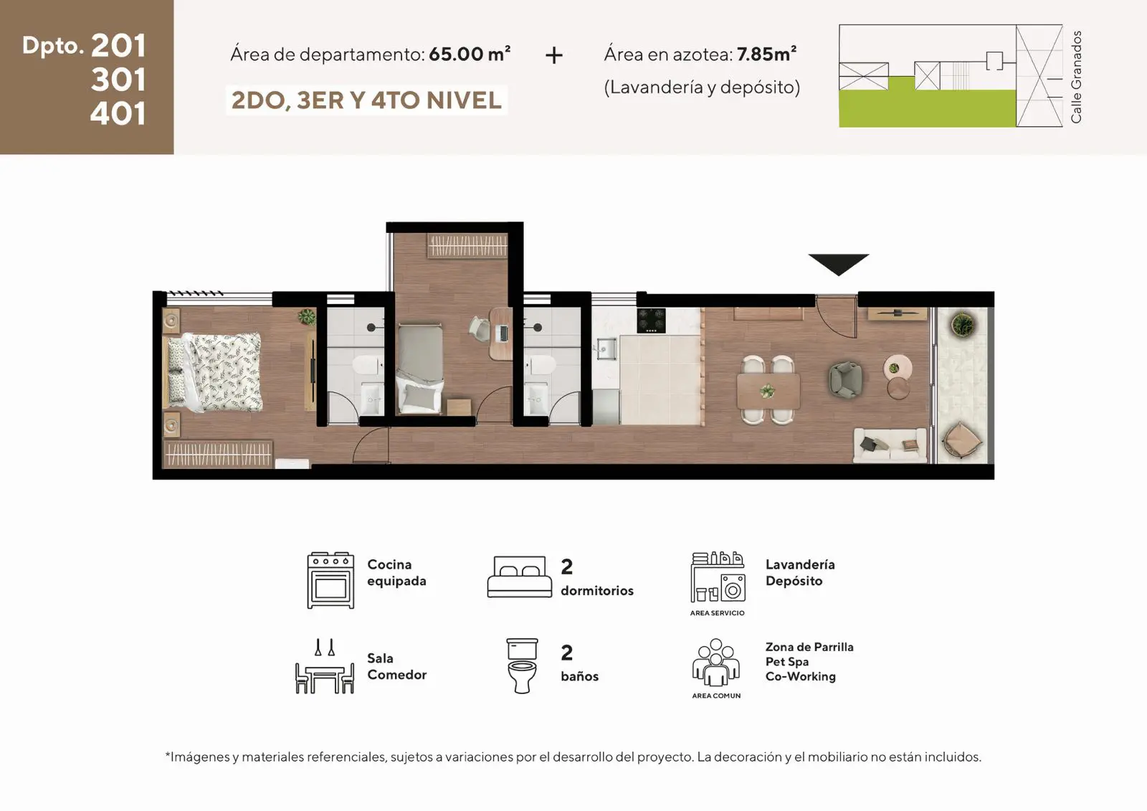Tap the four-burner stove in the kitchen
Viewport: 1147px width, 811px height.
click(652, 321)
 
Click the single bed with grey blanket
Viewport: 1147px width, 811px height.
click(420, 369)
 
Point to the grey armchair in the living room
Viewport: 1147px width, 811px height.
click(845, 379)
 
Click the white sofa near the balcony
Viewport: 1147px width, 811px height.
click(890, 445)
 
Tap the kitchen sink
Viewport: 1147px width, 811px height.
click(606, 349)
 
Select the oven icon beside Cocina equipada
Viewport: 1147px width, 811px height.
click(330, 580)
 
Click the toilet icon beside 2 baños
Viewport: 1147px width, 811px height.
click(522, 666)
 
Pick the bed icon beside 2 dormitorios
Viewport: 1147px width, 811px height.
click(520, 577)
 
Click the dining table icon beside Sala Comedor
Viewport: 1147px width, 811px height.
click(325, 667)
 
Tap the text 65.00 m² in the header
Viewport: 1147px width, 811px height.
click(470, 54)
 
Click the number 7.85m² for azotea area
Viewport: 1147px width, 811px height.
click(766, 54)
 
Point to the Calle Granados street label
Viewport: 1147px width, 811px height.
click(1076, 77)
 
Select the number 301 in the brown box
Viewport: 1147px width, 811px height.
click(118, 80)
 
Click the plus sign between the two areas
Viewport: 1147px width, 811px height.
click(554, 54)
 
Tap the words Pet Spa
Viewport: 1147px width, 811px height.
click(787, 661)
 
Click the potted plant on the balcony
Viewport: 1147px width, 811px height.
click(962, 324)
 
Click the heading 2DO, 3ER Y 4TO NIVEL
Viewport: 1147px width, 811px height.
click(366, 100)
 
